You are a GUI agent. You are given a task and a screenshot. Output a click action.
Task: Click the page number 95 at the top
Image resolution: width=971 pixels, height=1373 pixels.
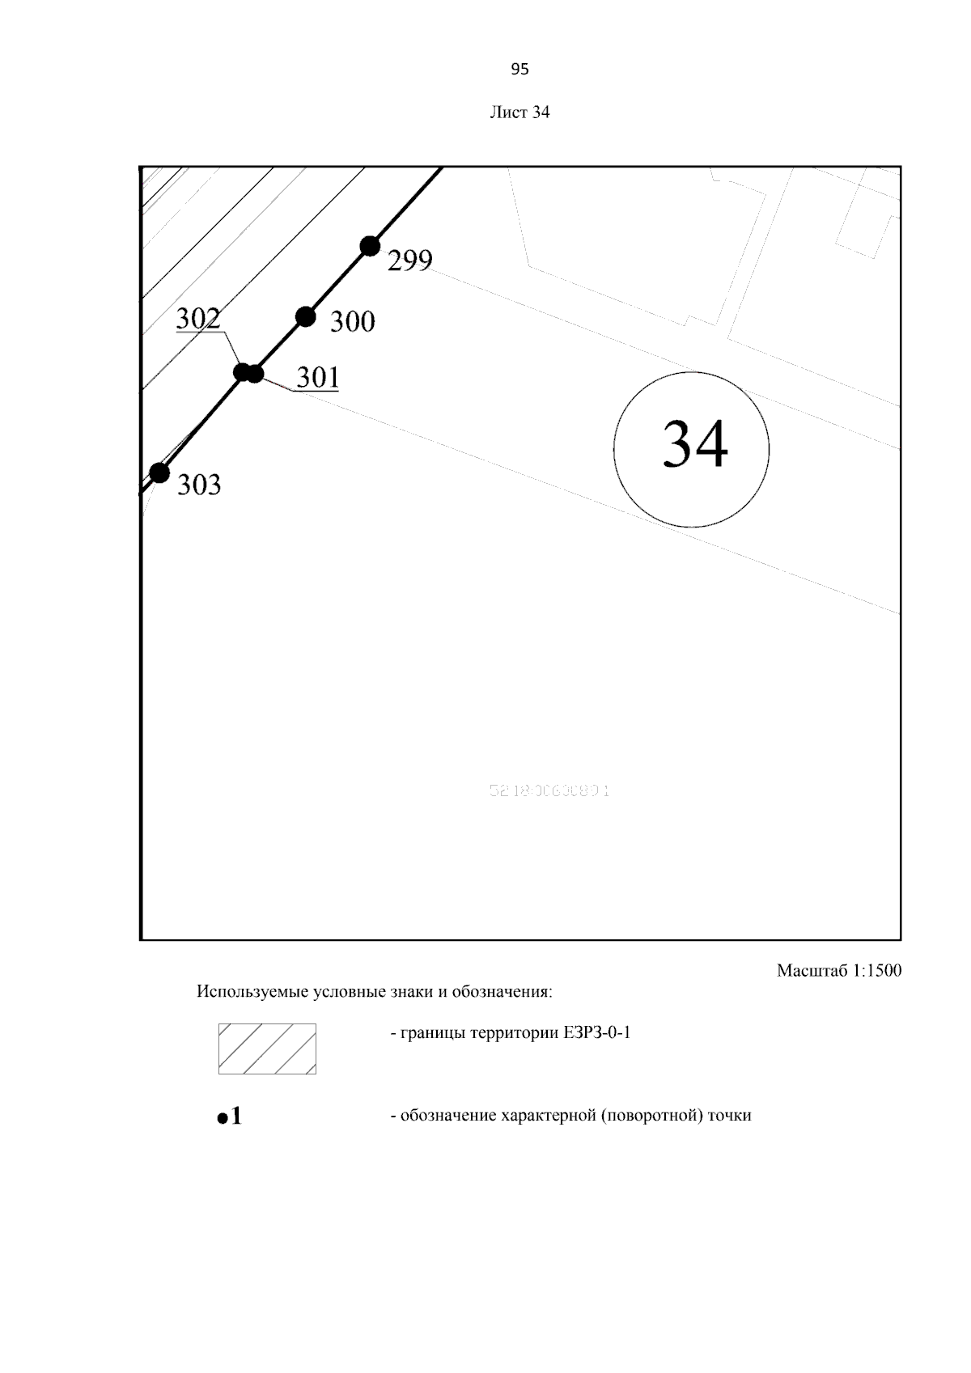tap(519, 70)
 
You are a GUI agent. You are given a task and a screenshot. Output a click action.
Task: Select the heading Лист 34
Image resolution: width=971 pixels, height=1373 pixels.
tap(519, 112)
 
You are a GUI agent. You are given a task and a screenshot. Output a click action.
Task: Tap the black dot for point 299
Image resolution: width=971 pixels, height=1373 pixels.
tap(370, 245)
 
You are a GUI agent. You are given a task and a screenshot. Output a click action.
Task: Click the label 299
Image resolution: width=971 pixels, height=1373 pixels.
tap(410, 261)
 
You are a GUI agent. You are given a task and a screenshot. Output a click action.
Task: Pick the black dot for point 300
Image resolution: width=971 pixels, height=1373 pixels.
tap(305, 316)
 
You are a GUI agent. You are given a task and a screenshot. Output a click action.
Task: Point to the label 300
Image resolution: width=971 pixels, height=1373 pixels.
tap(353, 322)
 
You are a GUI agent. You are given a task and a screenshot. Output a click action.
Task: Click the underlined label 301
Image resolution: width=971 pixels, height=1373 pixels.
tap(317, 378)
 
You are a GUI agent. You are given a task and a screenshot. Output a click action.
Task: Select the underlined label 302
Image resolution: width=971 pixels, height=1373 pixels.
tap(198, 319)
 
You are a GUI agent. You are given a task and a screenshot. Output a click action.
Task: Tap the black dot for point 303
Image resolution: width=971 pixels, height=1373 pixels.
tap(159, 472)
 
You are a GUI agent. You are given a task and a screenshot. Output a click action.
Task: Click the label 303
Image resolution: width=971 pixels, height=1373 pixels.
tap(199, 485)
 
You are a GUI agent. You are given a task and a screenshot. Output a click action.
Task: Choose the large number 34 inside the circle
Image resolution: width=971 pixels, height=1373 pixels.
tap(694, 444)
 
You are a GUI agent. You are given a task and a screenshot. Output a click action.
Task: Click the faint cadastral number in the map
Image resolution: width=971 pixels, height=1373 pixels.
tap(549, 790)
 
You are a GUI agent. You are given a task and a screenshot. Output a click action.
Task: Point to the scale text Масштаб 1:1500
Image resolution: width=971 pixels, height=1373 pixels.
tap(838, 970)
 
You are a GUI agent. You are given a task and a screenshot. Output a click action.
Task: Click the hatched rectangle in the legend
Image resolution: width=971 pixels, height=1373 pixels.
tap(267, 1049)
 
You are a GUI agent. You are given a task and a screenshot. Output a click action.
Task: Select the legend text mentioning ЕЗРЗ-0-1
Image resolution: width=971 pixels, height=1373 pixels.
tap(510, 1033)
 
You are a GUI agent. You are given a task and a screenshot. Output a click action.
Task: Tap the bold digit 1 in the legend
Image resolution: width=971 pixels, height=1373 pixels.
tap(236, 1117)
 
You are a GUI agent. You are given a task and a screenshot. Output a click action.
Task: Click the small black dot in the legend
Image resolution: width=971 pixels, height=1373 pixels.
tap(223, 1119)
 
